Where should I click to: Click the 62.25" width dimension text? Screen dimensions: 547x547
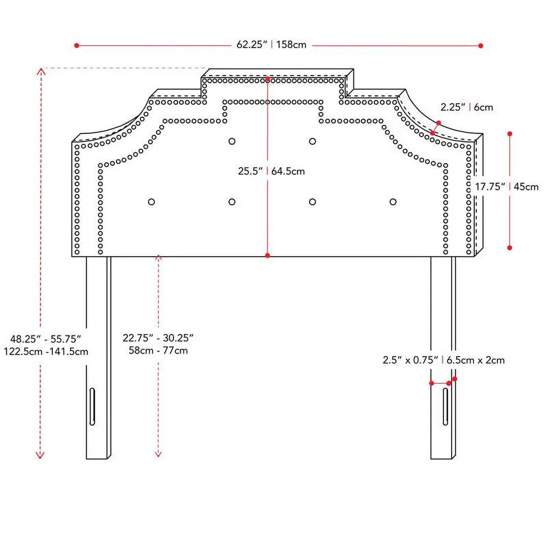pos(252,45)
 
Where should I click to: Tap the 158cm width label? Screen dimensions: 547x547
pos(291,45)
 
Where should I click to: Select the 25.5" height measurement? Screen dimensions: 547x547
pos(251,171)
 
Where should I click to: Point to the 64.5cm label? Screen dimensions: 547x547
pos(288,171)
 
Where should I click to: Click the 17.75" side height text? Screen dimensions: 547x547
pos(490,187)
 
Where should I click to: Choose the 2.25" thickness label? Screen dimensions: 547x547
pos(453,107)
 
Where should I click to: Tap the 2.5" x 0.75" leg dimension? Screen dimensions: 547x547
pos(410,360)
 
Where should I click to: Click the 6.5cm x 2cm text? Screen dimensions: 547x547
pos(476,360)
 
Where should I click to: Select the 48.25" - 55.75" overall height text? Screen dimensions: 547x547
pos(45,339)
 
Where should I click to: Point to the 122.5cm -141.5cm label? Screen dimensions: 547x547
pos(46,351)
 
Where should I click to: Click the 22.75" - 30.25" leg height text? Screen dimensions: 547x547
pos(158,338)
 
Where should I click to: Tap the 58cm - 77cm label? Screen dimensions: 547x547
pos(158,350)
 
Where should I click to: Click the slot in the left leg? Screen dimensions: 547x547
pos(92,406)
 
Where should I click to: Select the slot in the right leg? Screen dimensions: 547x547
pos(445,406)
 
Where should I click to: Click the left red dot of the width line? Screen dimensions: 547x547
pos(77,45)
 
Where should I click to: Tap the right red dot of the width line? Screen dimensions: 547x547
pos(481,45)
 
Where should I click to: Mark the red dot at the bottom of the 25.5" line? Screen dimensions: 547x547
pos(268,255)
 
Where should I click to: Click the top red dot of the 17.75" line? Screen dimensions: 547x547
pos(510,134)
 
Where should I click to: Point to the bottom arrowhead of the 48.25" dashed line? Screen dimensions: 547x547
pos(40,455)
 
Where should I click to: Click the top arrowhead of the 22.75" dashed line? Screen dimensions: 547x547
pos(158,257)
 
